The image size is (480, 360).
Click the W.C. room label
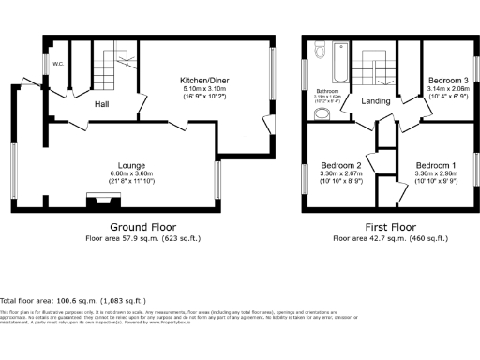click(58, 65)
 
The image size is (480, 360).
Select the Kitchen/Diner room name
click(205, 82)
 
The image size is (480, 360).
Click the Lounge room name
click(131, 166)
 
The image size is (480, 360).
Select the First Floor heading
click(390, 227)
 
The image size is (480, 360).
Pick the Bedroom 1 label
click(435, 164)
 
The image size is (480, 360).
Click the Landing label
click(375, 101)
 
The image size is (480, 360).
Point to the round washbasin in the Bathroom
click(322, 114)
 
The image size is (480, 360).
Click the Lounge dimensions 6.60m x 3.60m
click(131, 174)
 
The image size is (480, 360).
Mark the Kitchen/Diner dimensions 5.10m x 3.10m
click(205, 90)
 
